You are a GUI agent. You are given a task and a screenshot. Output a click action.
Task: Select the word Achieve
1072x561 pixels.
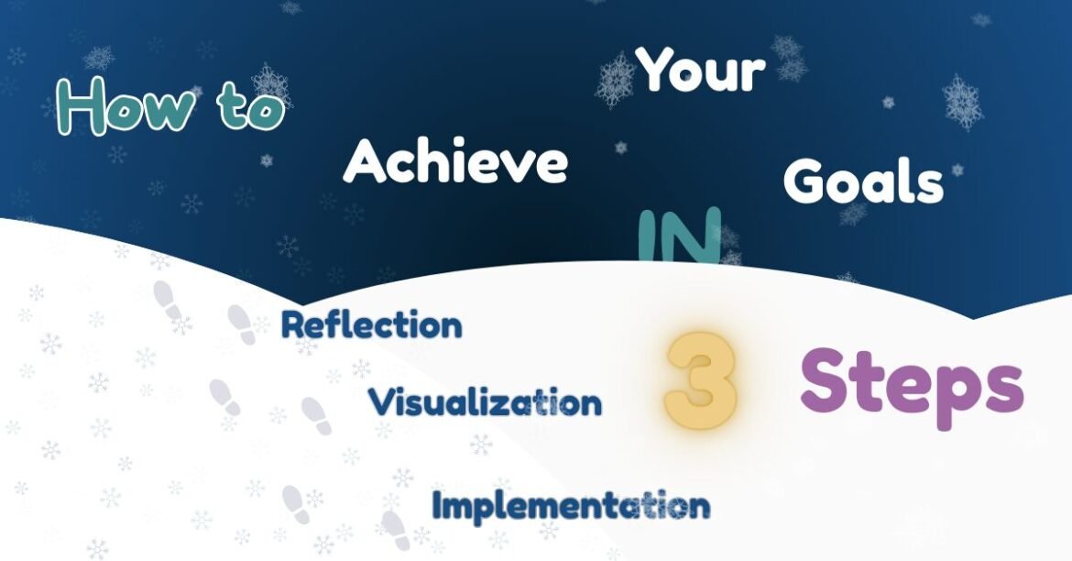455,161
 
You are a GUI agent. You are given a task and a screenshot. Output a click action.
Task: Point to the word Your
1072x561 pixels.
701,71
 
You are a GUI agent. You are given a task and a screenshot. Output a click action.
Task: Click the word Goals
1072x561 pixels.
863,181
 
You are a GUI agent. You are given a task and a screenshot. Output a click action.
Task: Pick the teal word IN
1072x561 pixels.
679,236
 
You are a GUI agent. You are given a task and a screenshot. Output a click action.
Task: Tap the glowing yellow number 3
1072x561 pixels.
701,380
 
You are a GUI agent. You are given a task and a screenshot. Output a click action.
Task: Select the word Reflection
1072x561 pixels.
371,324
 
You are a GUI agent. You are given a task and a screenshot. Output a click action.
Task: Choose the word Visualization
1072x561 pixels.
485,401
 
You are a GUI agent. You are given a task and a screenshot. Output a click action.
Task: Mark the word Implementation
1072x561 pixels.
570,504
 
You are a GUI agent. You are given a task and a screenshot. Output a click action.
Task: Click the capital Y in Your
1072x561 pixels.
659,69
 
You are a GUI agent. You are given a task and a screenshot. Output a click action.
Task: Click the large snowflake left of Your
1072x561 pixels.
616,81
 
